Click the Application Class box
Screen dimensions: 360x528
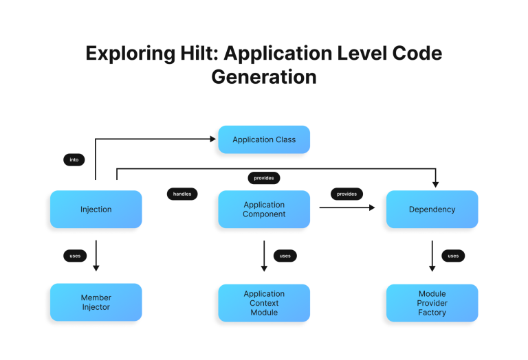pos(264,139)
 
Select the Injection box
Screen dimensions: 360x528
pos(96,210)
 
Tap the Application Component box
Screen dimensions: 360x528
pos(264,210)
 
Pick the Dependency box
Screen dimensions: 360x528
pos(432,210)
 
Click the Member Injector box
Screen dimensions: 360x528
pos(96,302)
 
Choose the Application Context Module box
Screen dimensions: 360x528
pos(264,303)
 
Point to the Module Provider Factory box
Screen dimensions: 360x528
pos(432,303)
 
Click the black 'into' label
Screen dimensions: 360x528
pos(74,159)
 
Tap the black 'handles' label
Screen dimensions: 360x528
pos(182,194)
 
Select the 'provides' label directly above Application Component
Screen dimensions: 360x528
pos(264,178)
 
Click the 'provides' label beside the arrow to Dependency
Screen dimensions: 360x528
pos(347,194)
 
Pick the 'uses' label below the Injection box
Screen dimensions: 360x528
pos(75,256)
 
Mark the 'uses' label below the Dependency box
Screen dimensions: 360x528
pos(453,256)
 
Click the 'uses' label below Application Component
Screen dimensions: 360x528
pos(285,256)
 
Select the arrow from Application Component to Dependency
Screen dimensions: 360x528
pos(347,207)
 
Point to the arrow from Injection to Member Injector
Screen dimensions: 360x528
pos(96,255)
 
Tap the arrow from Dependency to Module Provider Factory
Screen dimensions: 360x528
pos(432,255)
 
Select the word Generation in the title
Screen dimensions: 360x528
pos(264,76)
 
